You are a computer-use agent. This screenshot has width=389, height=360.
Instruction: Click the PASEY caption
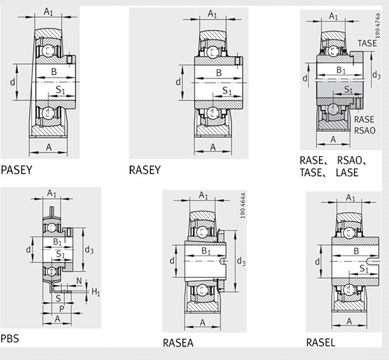[x=17, y=170]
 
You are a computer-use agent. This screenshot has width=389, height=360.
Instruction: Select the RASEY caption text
[x=145, y=170]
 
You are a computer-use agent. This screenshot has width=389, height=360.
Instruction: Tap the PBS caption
[x=10, y=338]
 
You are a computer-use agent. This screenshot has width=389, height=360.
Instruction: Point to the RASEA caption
[x=178, y=343]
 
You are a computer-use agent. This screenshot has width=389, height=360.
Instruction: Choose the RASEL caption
[x=320, y=343]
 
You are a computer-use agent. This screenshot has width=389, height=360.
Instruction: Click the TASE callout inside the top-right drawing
[x=367, y=43]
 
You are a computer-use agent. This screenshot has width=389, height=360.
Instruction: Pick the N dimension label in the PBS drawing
[x=79, y=281]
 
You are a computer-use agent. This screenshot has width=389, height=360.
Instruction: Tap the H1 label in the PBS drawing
[x=95, y=292]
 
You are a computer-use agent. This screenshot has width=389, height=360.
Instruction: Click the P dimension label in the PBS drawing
[x=62, y=308]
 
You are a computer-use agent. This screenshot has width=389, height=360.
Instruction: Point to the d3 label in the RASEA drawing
[x=241, y=261]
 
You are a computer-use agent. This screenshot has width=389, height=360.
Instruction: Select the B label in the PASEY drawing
[x=54, y=72]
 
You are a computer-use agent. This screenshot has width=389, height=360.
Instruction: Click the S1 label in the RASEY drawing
[x=227, y=90]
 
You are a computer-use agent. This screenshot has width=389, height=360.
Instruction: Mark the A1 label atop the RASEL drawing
[x=351, y=198]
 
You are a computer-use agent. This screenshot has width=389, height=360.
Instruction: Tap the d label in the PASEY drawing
[x=12, y=81]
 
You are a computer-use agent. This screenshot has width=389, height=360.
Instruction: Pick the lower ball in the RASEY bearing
[x=213, y=113]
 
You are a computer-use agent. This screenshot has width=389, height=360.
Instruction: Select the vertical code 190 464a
[x=243, y=205]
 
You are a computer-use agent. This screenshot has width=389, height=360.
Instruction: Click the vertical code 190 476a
[x=378, y=25]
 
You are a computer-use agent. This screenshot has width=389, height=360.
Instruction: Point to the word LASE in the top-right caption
[x=347, y=172]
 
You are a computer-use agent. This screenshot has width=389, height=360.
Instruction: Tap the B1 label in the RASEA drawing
[x=206, y=251]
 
